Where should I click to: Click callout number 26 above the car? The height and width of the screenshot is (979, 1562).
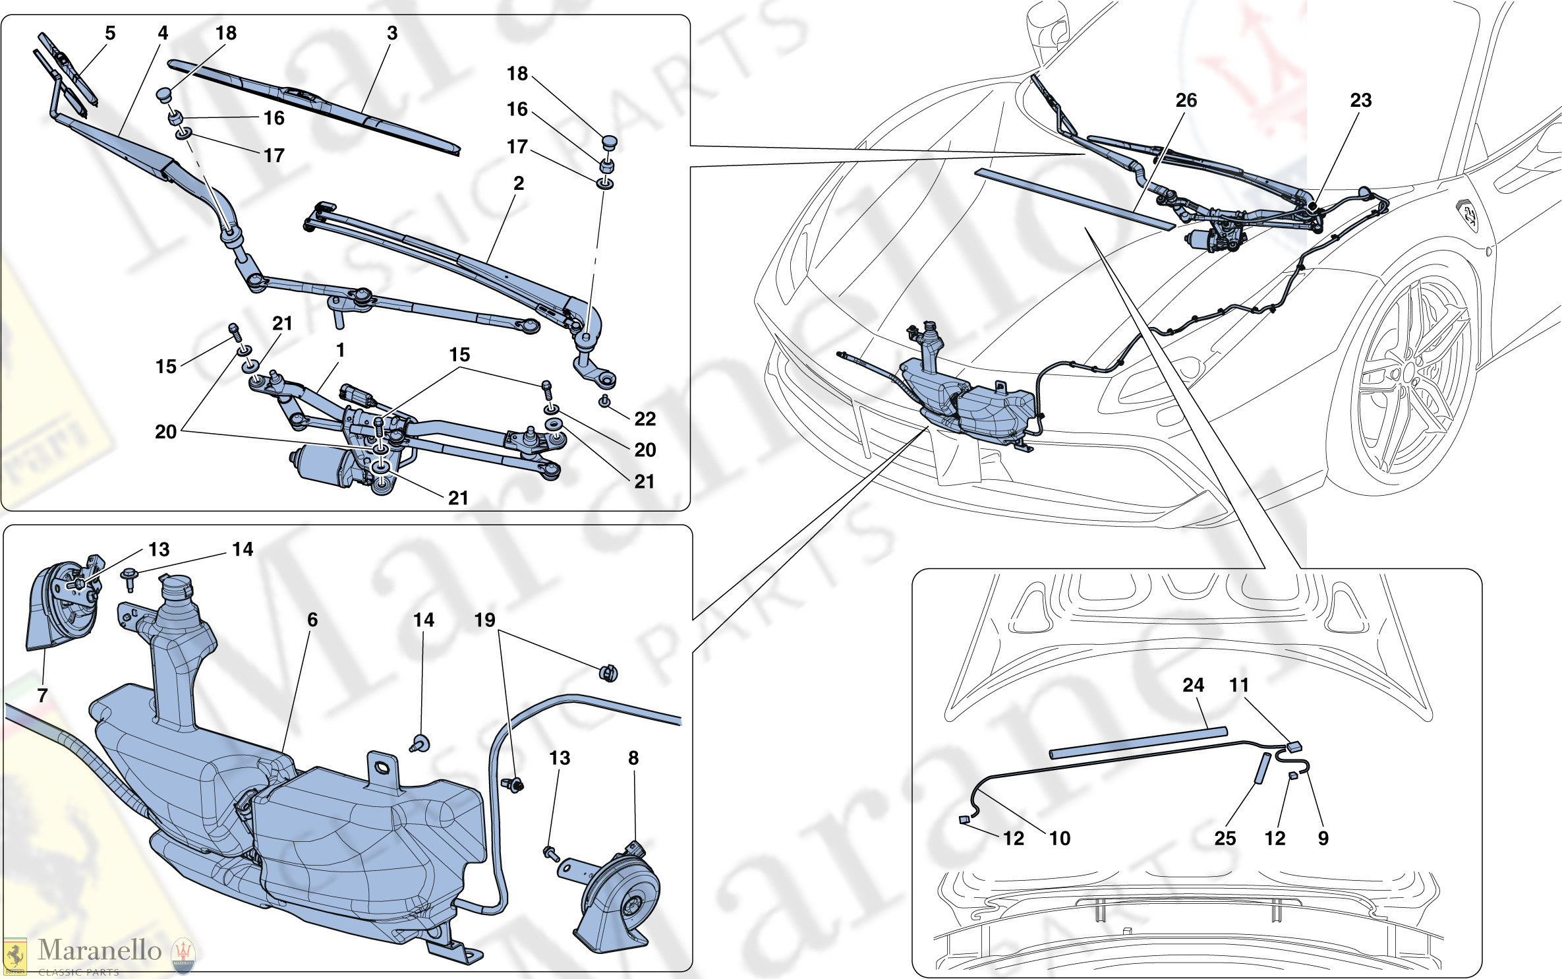pos(1186,100)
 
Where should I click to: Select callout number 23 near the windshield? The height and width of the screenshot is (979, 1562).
pos(1360,100)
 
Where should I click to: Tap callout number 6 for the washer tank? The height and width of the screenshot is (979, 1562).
pos(312,620)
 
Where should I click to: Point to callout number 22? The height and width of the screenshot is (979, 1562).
pos(645,419)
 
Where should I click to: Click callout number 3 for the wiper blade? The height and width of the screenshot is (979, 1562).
pos(392,33)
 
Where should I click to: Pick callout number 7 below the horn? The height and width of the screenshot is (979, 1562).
pos(43,695)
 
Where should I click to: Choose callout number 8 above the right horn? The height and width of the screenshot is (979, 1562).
pos(633,758)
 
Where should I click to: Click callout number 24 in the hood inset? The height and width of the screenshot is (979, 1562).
pos(1193,685)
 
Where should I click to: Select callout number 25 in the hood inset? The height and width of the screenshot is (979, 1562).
pos(1225,839)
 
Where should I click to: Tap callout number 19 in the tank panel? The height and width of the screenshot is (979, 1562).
pos(485,620)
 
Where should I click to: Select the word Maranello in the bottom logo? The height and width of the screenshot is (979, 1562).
pos(100,949)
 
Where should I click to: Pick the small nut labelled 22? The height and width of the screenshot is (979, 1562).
pos(604,401)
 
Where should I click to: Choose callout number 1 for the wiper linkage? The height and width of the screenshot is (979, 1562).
pos(340,350)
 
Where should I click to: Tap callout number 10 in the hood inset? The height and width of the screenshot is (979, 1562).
pos(1060,839)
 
